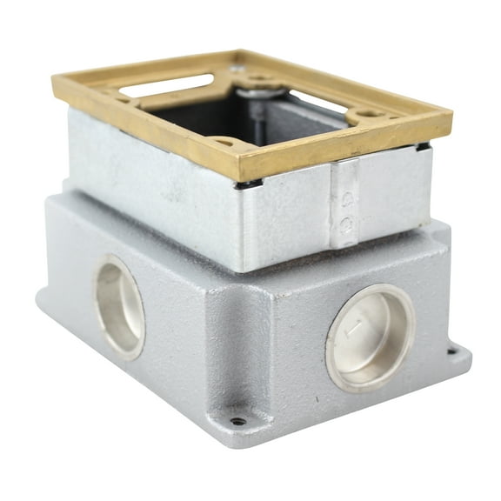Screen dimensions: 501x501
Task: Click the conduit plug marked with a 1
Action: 370,336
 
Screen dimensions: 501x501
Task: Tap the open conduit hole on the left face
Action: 120,306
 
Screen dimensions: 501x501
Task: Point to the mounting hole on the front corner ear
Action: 237,422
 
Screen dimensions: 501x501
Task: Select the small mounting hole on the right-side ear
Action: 451,352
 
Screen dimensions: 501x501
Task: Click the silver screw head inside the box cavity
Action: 252,90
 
